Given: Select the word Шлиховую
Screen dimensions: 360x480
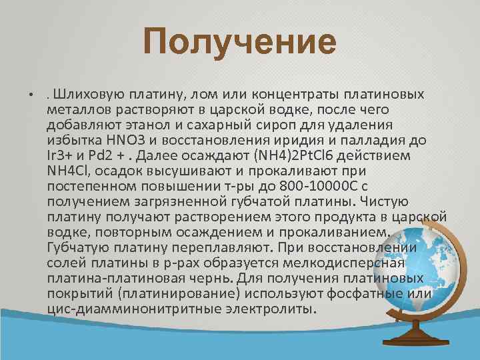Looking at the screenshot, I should [83, 93].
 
